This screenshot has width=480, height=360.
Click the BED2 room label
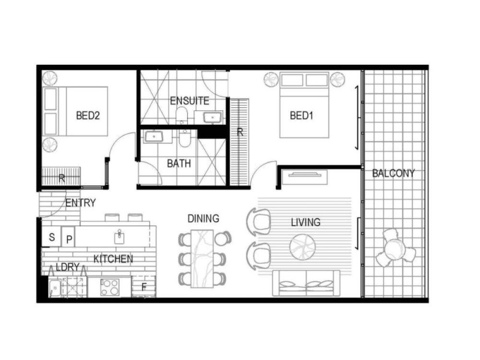(x=88, y=116)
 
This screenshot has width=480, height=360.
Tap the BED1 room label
(x=301, y=116)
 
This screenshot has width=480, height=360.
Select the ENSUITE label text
(x=190, y=101)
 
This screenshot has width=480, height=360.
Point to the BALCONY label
(x=394, y=174)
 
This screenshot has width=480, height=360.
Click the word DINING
(x=203, y=218)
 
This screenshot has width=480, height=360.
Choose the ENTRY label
(x=81, y=203)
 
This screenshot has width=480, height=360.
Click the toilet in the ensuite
(x=182, y=115)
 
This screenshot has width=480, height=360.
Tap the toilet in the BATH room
(x=185, y=138)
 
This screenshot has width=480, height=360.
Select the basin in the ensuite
(x=213, y=118)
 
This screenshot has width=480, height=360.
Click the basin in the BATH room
(x=154, y=136)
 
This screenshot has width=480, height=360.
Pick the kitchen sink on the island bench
(x=120, y=237)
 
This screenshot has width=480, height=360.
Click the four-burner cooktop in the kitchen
(x=109, y=288)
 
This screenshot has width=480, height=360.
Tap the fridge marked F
(x=144, y=287)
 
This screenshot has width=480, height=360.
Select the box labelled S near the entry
(x=52, y=237)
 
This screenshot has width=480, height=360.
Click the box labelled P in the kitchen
(x=69, y=237)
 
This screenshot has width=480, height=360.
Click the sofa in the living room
(x=306, y=284)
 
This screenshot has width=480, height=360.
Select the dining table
(x=202, y=259)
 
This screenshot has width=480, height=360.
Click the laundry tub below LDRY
(x=55, y=288)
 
